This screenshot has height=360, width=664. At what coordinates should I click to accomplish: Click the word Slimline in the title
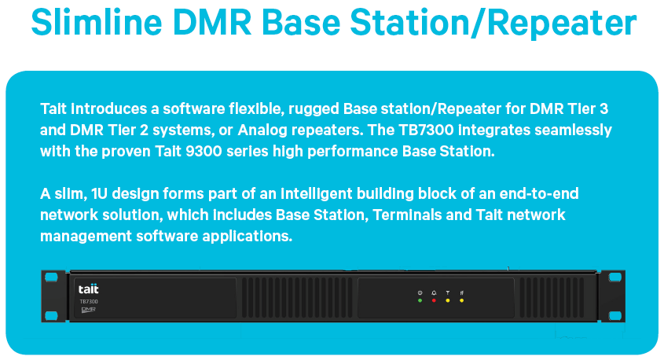click(x=97, y=22)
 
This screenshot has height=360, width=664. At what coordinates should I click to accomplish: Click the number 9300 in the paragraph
click(x=204, y=151)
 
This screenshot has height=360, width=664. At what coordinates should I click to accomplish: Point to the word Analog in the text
click(x=262, y=130)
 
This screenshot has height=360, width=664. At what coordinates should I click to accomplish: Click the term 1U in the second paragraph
click(x=100, y=193)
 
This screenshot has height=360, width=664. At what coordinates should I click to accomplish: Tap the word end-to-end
click(x=539, y=193)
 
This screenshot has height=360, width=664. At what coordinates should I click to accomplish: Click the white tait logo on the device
click(x=89, y=288)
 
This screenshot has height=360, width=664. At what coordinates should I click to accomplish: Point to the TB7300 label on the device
click(x=89, y=302)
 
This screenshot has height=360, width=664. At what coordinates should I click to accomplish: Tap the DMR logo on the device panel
click(x=88, y=310)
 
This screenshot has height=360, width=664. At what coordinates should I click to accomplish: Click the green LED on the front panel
click(x=420, y=301)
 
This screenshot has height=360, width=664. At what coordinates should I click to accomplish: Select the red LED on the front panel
click(x=434, y=301)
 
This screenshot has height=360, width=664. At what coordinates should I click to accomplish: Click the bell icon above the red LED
click(x=434, y=292)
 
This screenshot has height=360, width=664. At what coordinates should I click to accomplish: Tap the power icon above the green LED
click(x=420, y=292)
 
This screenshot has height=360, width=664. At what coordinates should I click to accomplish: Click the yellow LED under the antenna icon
click(x=448, y=301)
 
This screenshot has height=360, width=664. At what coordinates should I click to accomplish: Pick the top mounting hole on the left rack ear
click(x=51, y=277)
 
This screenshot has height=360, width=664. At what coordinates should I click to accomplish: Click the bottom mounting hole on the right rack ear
click(x=614, y=315)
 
